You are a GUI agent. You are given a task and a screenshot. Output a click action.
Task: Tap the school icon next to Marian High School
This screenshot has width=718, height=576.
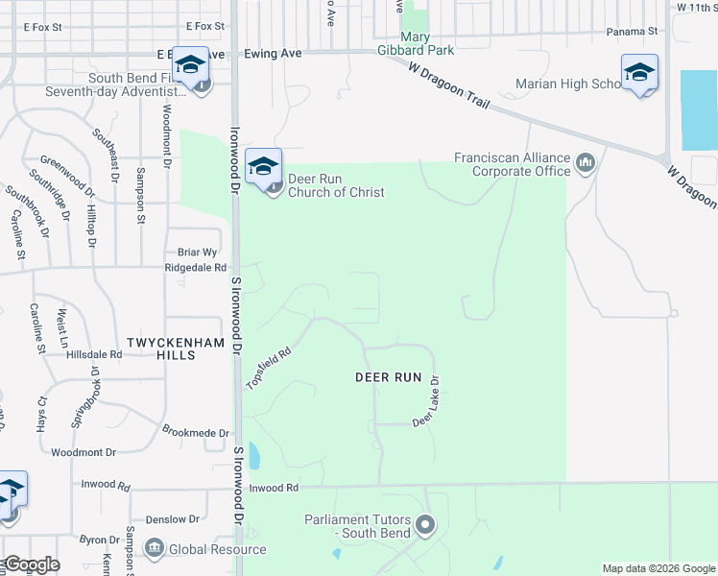click(x=639, y=72)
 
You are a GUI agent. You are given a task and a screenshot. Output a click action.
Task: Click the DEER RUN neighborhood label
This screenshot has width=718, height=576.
click(x=389, y=378)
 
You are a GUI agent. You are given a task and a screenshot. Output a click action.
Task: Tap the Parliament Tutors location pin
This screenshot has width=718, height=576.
click(x=426, y=525)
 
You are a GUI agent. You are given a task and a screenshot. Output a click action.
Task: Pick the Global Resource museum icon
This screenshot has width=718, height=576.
click(x=155, y=548)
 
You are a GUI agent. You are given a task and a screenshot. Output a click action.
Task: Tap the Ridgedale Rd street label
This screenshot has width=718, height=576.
click(x=196, y=268)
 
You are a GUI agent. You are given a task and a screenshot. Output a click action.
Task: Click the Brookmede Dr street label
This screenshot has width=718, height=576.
click(x=196, y=433)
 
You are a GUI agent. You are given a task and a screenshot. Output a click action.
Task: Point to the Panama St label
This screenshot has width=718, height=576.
click(x=632, y=32)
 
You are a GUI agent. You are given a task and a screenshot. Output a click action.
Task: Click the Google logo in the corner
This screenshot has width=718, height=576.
click(x=32, y=564)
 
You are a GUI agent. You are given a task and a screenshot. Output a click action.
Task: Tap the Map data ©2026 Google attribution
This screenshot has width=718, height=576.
click(x=658, y=568)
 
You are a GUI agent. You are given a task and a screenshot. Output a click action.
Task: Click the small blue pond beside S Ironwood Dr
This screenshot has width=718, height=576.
click(x=253, y=455)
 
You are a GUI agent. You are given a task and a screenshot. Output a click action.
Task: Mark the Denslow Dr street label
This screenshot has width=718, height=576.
click(x=173, y=519)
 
